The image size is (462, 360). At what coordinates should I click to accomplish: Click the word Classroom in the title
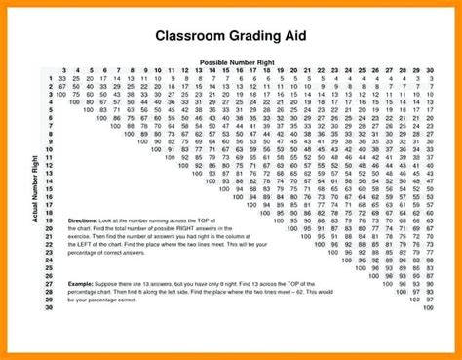(192, 37)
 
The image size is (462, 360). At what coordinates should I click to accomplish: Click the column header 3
(63, 71)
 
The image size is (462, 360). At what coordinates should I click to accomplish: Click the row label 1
(49, 79)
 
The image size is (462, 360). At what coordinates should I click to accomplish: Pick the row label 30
(48, 307)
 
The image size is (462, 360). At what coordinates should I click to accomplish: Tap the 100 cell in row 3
(62, 95)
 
